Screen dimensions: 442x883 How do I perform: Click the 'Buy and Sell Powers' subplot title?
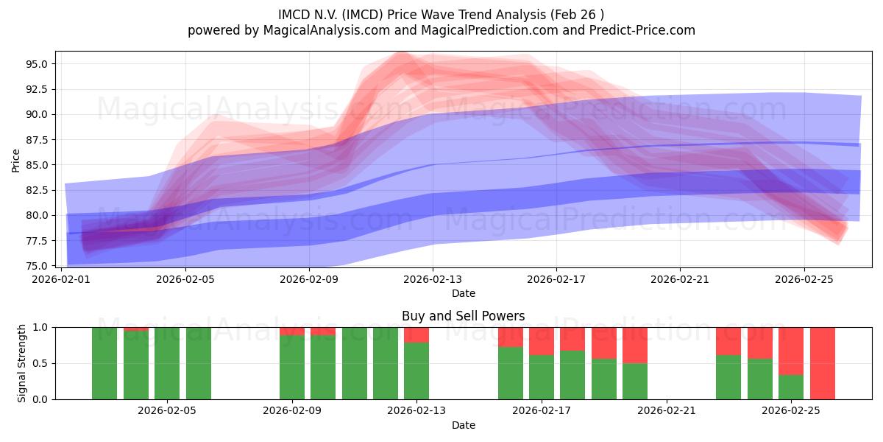coord(463,316)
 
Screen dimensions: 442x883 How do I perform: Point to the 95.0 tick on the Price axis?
coord(37,64)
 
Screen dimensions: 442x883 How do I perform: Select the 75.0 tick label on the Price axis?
coord(37,266)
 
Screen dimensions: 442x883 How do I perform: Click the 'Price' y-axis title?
coord(16,160)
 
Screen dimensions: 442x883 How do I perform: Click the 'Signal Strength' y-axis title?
coord(22,363)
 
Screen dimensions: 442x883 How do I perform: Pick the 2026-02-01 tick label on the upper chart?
coord(61,280)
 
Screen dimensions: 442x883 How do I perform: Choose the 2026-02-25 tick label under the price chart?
coord(804,280)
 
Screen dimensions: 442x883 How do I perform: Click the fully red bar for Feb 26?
coord(822,363)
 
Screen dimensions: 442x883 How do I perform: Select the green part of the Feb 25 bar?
coord(791,387)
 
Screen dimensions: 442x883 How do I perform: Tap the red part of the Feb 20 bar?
coord(635,345)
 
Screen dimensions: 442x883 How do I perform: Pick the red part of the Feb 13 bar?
coord(416,334)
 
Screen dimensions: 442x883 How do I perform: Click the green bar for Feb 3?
coord(104,363)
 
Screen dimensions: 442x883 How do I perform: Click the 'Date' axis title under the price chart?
coord(463,293)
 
